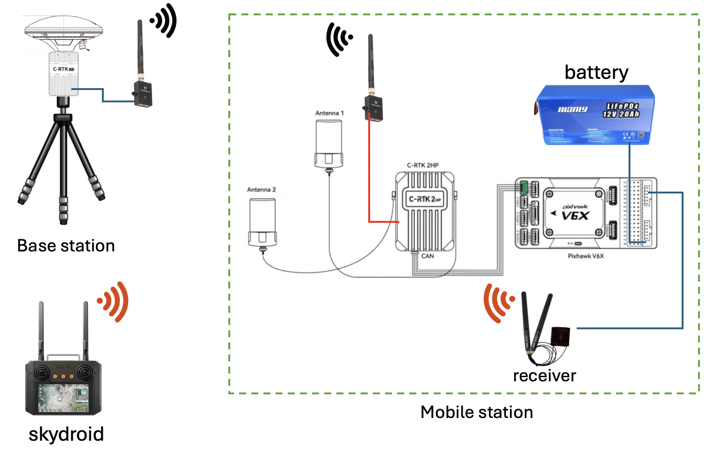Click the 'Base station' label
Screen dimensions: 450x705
66,245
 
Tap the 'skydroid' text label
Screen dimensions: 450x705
66,434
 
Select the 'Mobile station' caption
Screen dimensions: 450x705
477,412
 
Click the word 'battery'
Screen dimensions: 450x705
596,72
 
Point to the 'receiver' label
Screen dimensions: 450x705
544,375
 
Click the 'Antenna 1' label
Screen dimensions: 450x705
329,113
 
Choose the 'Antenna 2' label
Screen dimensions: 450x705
261,190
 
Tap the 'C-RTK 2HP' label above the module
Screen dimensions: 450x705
422,165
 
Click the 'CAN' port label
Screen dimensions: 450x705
428,256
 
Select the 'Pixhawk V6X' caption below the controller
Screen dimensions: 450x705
585,256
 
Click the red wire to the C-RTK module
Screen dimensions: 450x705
369,176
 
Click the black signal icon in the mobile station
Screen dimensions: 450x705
339,39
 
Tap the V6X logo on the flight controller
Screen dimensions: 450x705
575,216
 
